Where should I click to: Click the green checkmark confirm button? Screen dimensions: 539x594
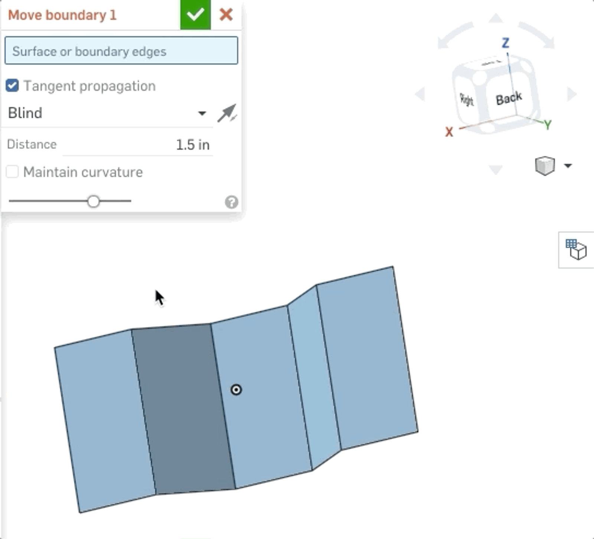pos(195,15)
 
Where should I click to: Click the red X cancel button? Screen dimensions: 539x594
pos(226,15)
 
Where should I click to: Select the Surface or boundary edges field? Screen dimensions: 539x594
pos(121,51)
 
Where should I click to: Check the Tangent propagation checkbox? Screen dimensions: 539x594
pos(12,86)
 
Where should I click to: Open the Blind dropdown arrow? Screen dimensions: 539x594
pos(202,113)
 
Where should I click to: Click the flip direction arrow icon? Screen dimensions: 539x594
pos(227,113)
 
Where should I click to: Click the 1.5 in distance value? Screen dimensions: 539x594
pos(192,145)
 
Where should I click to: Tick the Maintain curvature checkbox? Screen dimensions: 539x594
pos(12,172)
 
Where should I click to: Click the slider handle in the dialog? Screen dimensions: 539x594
pos(94,201)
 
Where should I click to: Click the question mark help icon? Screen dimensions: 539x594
pos(231,202)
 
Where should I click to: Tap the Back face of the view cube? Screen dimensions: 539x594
pos(509,99)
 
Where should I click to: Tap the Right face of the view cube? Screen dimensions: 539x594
pos(467,99)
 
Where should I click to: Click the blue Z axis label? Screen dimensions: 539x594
pos(505,43)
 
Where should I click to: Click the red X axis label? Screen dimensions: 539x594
pos(449,132)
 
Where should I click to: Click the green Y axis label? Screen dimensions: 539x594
pos(547,125)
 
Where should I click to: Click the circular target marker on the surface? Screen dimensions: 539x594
pos(236,390)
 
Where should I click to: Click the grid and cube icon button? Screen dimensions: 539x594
pos(576,250)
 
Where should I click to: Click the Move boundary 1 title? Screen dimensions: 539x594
pos(62,15)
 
